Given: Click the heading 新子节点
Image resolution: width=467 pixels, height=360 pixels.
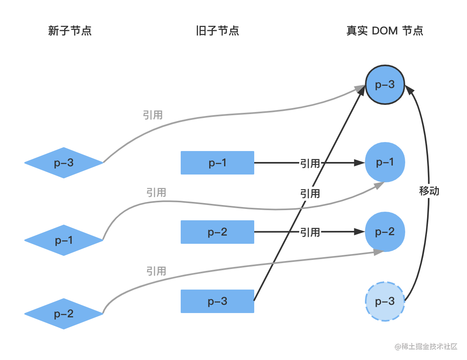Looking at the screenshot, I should (70, 31).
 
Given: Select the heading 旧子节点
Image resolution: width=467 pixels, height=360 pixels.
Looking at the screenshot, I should (217, 31).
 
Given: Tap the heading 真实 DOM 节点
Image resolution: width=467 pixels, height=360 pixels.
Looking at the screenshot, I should (385, 31).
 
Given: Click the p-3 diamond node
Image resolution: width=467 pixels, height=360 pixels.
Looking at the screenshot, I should (64, 163).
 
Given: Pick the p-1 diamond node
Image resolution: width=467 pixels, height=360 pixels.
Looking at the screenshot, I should (64, 240).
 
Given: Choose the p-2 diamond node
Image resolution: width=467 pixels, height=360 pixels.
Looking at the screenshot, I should (64, 314).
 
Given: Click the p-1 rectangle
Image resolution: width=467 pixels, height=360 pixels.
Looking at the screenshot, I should (217, 163).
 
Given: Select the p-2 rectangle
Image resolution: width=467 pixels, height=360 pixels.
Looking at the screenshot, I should (217, 232).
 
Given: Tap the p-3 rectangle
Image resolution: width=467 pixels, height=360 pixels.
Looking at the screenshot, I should (217, 301).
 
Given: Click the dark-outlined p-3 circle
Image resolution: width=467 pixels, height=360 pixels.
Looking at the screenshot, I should (385, 85).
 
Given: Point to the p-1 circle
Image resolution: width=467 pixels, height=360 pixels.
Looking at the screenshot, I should (385, 162).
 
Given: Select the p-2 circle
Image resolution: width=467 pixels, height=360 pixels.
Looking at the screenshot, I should (385, 232).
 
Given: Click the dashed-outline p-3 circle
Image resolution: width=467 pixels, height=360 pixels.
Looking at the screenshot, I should (385, 301).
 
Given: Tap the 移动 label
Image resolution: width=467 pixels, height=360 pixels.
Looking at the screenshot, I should (429, 191).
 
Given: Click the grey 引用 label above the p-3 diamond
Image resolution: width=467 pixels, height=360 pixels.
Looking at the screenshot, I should (153, 115).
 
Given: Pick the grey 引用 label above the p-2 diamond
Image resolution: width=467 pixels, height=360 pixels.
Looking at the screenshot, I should (156, 271).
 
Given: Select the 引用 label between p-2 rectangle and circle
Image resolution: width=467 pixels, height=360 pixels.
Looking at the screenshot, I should (310, 232).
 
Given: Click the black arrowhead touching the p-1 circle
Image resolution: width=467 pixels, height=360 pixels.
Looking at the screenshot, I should (359, 162).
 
